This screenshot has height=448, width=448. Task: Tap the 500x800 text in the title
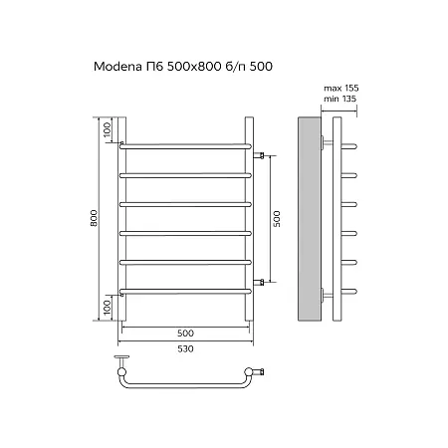point(194,67)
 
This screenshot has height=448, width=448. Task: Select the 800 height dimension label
point(95,218)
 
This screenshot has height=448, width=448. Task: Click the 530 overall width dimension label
point(185,348)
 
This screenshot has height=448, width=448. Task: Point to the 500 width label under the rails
point(185,333)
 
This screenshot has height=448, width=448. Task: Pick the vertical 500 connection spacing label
point(277,219)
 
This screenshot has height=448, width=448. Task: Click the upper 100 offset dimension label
point(107,129)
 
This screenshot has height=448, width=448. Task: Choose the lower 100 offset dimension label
point(107,308)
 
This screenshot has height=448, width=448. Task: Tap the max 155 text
point(341,88)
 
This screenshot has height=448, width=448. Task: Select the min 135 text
point(340,99)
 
